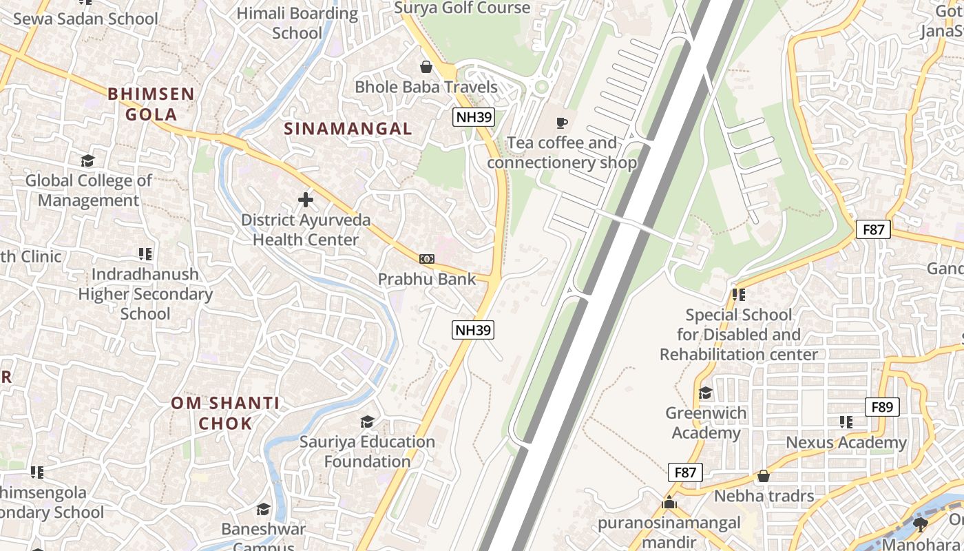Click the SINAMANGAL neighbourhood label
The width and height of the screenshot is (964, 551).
[348, 129]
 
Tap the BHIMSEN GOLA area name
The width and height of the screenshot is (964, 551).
[151, 104]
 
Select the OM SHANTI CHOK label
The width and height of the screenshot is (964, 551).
[225, 413]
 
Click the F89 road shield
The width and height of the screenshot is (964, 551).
[882, 407]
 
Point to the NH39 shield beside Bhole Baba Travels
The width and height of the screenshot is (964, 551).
[474, 117]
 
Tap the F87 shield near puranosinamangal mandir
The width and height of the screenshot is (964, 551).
[685, 472]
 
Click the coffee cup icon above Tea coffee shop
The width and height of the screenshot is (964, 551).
[562, 123]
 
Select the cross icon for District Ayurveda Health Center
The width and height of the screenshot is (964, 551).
[306, 200]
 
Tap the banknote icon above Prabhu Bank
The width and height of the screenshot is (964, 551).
[427, 259]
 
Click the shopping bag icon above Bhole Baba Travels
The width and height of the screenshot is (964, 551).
[426, 67]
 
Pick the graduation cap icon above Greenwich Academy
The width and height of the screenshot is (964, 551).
[706, 393]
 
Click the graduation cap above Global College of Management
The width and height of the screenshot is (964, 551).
[87, 161]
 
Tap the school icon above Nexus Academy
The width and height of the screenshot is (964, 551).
[846, 422]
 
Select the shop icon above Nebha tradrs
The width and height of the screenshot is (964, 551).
[764, 476]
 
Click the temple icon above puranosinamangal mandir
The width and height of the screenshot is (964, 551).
[669, 503]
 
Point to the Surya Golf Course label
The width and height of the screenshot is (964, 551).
[462, 8]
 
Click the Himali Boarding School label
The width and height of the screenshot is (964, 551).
[297, 23]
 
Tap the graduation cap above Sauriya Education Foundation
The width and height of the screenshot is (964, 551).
[368, 422]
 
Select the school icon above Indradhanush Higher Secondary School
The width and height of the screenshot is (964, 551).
[145, 254]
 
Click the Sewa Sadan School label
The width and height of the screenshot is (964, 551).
[85, 19]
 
